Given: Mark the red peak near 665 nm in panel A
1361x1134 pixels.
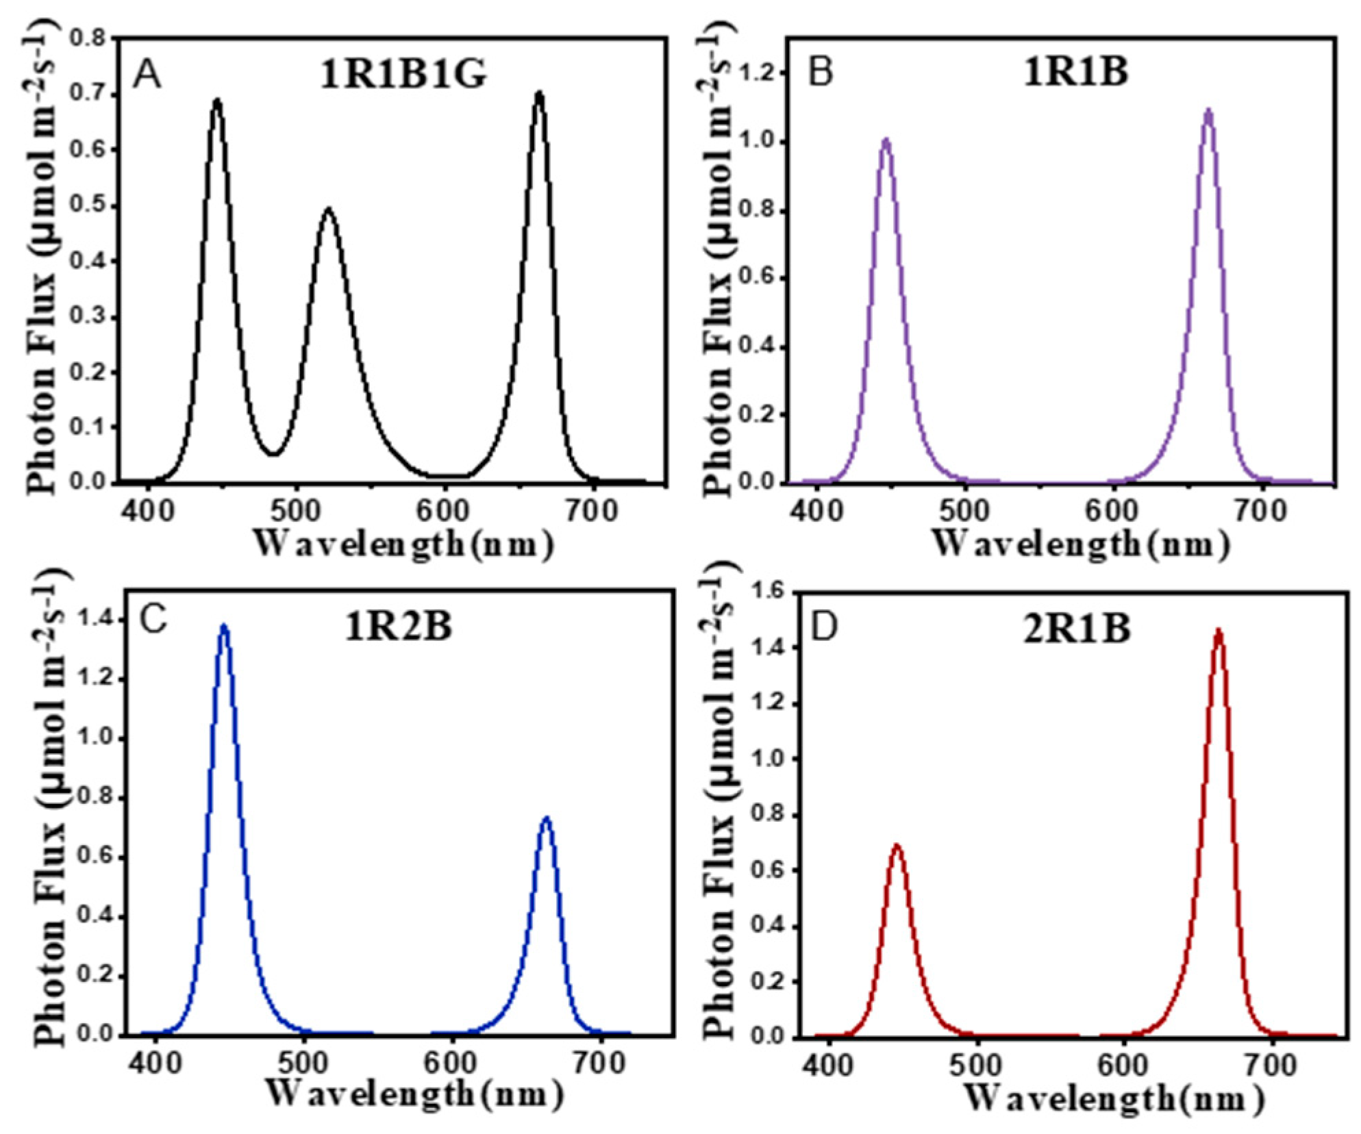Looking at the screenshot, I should (x=540, y=94).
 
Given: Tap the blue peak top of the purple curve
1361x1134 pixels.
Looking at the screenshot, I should (x=886, y=140).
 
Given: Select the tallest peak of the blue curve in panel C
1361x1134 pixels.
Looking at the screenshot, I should (x=223, y=626).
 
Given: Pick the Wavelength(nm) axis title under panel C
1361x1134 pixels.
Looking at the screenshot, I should (x=414, y=1094).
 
